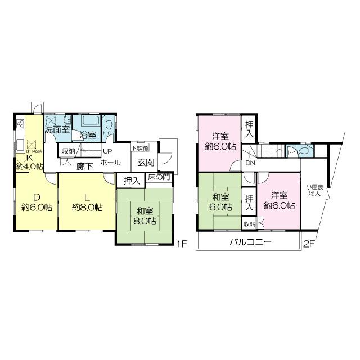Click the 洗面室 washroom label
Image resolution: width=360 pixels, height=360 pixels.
57,129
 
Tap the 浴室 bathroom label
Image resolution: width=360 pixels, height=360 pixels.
87,135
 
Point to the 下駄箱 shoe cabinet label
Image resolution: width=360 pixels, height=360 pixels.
140,148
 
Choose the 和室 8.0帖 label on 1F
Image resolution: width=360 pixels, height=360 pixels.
145,215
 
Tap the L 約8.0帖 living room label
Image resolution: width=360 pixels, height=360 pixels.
87,202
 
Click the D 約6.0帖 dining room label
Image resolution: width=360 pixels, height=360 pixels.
37,202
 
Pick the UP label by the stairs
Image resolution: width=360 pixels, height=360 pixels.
107,151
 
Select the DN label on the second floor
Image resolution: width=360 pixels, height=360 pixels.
249,163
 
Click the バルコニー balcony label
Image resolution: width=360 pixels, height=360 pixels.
250,242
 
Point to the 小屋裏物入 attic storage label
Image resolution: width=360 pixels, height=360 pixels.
313,190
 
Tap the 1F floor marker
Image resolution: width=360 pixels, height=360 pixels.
181,244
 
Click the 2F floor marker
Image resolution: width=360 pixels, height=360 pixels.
308,244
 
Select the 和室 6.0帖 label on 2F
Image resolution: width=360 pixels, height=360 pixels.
220,201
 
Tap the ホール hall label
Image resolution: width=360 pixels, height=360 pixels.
110,163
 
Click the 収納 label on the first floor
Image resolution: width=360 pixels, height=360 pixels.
68,151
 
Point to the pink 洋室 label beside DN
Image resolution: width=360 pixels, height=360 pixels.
220,141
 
